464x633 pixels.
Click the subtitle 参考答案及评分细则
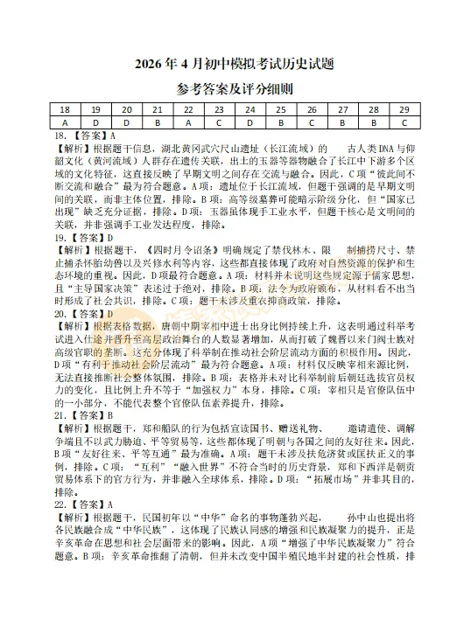[x=231, y=90]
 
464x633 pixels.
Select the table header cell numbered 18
[x=65, y=110]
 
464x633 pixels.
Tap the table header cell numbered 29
[x=403, y=110]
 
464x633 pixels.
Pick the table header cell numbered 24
[x=250, y=110]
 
